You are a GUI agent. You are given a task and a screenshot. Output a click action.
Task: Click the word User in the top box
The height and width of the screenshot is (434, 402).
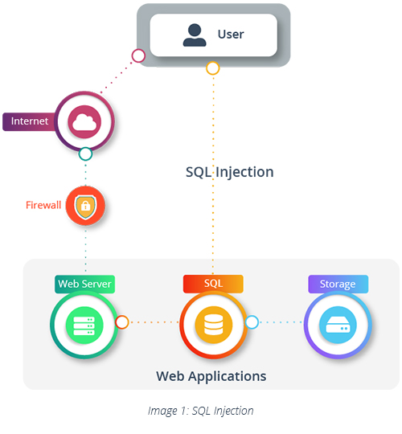(230, 35)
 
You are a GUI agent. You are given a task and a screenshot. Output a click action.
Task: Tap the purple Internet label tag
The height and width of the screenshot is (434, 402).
(30, 121)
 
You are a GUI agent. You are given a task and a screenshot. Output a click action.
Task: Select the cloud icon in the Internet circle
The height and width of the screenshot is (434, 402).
(84, 122)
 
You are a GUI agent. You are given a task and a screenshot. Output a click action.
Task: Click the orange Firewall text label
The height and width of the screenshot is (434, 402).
(43, 205)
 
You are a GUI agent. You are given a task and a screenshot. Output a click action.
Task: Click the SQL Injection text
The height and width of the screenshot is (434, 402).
(229, 172)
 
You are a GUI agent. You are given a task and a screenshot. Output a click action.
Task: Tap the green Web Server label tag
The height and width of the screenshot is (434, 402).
(84, 284)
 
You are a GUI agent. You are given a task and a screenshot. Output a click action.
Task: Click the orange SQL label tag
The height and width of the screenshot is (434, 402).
(213, 284)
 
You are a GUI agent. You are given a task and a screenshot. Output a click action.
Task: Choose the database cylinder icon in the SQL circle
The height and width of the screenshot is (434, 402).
(213, 324)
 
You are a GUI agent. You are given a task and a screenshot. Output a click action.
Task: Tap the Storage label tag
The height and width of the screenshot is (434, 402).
(338, 284)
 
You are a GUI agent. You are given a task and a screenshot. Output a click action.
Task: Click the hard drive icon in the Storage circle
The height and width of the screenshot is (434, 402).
(338, 324)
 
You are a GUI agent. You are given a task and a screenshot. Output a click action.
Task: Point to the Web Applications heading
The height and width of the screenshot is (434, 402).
(211, 375)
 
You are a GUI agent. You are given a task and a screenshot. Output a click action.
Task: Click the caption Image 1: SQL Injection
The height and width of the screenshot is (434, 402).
(200, 411)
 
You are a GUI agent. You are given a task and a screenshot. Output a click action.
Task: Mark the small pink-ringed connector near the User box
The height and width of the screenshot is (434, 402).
(138, 55)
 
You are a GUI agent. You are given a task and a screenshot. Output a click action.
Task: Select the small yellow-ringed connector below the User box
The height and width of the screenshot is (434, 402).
(212, 68)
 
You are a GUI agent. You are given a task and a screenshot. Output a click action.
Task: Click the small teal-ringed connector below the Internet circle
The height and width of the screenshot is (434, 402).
(85, 154)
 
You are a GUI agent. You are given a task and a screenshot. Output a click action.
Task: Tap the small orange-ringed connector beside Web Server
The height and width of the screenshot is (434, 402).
(122, 322)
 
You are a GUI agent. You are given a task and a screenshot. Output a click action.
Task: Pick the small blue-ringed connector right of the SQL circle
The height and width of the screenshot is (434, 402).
(252, 322)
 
